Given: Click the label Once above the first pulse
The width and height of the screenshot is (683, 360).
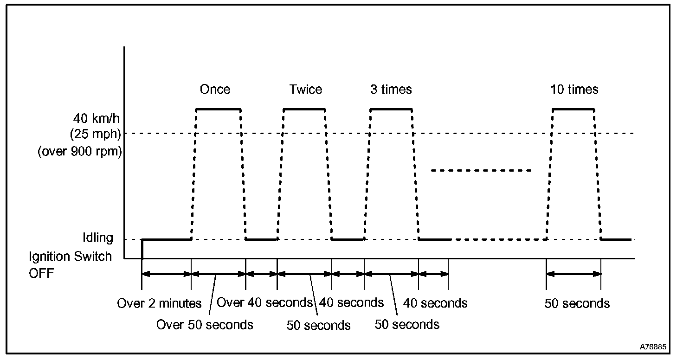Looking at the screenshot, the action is (215, 89).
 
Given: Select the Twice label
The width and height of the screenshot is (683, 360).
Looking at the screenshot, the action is (305, 89).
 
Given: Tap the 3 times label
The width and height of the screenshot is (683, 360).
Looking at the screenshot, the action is (391, 89).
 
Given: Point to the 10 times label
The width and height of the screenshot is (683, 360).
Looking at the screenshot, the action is (574, 89).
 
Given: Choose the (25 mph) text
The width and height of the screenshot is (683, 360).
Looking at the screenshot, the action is (96, 135).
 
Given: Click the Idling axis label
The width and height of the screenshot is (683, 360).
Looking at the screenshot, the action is (97, 238).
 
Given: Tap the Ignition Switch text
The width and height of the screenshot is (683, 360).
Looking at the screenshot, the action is (70, 257).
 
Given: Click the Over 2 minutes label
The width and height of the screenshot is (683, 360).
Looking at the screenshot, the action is (159, 303).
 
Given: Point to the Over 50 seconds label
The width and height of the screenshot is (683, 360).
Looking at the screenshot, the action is (205, 324).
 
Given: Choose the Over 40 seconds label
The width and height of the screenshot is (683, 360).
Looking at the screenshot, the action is (265, 302).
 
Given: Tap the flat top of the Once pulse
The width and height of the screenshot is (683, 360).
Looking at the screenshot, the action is (218, 109).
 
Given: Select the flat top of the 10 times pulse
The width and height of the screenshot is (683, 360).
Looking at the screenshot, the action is (573, 109).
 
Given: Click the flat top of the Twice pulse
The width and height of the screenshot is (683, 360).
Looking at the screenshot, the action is (304, 109).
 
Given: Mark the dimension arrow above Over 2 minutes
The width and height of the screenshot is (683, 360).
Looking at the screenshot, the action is (167, 274).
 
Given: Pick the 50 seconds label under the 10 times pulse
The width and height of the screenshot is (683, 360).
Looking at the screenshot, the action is (577, 303).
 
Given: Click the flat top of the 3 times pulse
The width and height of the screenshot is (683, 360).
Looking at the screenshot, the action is (391, 109).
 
